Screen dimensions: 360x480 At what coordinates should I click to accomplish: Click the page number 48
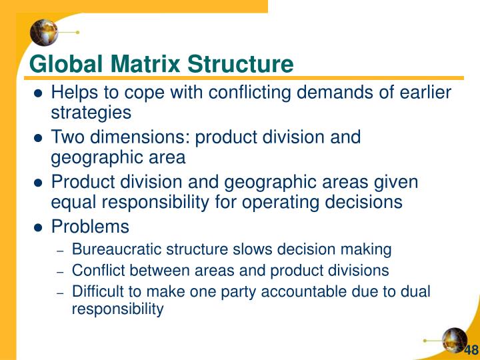471,350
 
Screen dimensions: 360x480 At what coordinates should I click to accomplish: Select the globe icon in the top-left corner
44,31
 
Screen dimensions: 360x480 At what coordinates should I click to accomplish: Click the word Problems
90,227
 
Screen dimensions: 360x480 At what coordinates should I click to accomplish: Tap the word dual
417,291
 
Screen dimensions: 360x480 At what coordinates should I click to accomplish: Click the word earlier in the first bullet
425,93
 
